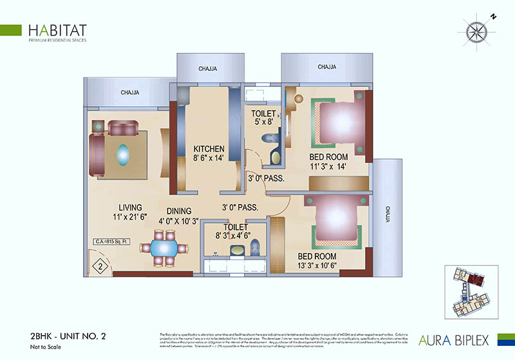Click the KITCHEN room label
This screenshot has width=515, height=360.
(209, 153)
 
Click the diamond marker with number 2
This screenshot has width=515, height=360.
(101, 265)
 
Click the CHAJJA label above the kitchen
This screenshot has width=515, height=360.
(207, 68)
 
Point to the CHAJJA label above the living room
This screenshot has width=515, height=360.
(130, 93)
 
